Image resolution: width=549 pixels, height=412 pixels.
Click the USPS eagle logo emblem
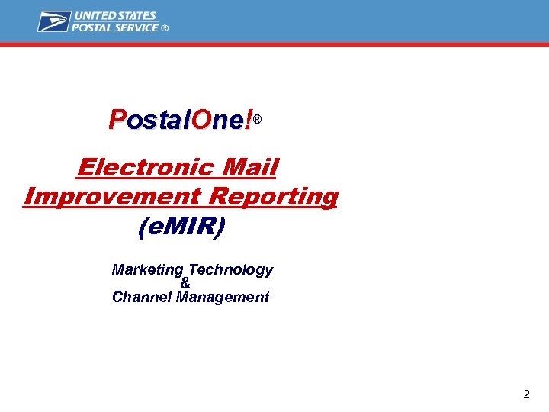click(54, 21)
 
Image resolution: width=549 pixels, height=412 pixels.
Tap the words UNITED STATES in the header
click(115, 15)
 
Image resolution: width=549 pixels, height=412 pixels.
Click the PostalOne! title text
click(181, 120)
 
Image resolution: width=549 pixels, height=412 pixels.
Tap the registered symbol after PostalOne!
click(258, 121)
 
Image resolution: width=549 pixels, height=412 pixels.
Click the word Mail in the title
click(251, 166)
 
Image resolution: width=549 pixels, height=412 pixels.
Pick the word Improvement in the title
click(112, 196)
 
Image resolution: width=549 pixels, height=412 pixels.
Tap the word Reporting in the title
click(273, 196)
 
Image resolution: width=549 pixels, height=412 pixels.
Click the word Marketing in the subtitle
click(148, 270)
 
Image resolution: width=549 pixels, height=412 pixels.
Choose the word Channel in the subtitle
click(142, 298)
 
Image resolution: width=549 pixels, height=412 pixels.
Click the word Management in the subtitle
click(223, 298)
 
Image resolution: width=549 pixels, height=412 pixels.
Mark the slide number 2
click(526, 394)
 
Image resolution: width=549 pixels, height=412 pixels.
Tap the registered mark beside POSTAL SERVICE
click(165, 28)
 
